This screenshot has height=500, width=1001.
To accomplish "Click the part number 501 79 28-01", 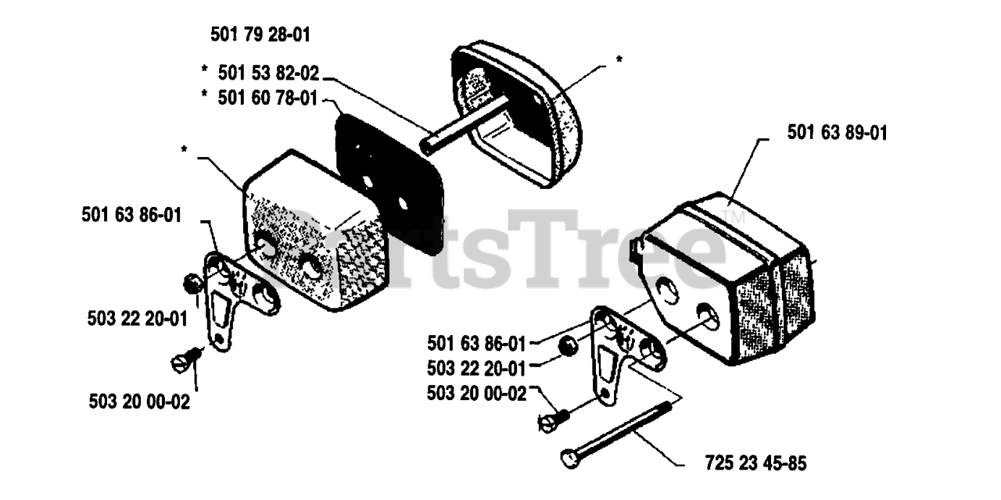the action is (x=260, y=35).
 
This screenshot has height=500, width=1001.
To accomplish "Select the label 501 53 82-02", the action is (x=268, y=73).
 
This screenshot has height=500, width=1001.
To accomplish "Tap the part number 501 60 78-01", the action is (x=267, y=98).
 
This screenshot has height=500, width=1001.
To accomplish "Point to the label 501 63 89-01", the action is (x=837, y=133).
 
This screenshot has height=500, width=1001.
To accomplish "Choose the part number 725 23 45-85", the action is (x=756, y=463).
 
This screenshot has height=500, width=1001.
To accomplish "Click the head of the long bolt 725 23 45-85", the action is (x=570, y=459).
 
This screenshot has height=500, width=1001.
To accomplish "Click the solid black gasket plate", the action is (x=389, y=184).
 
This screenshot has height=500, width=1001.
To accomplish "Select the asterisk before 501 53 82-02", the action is (x=205, y=70).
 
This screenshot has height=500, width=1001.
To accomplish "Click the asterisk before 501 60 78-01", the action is (x=205, y=95).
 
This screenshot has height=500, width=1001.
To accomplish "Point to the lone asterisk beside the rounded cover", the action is (x=619, y=59).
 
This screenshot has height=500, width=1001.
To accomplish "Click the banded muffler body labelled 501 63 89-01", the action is (x=727, y=279).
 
